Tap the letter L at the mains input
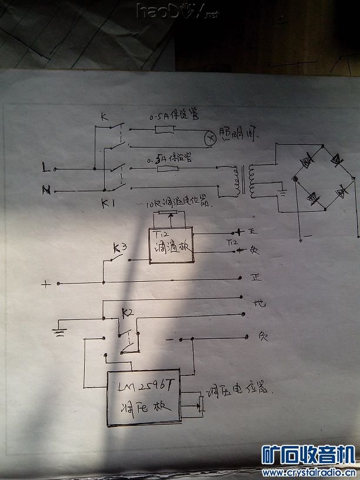(x=46, y=168)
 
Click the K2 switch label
(x=127, y=312)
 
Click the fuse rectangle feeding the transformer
(x=169, y=169)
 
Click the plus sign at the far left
(x=46, y=285)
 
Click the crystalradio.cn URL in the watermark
(x=308, y=472)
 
